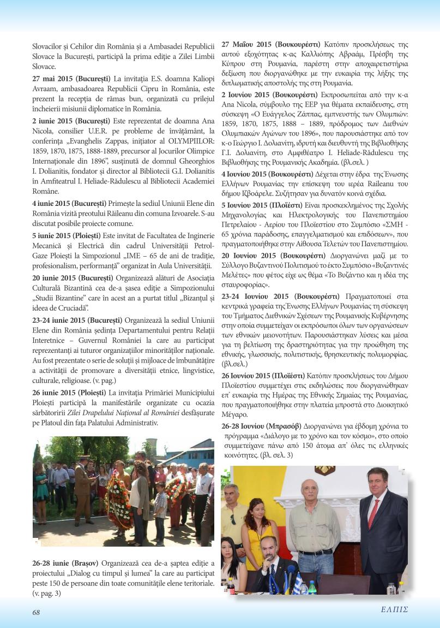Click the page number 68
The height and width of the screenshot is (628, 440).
pos(36,612)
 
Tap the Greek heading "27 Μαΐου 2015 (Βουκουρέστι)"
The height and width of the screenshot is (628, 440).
pos(271,43)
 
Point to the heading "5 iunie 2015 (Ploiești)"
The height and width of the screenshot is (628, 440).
pos(69,235)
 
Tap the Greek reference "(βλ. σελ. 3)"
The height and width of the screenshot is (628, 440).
pos(276,455)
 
